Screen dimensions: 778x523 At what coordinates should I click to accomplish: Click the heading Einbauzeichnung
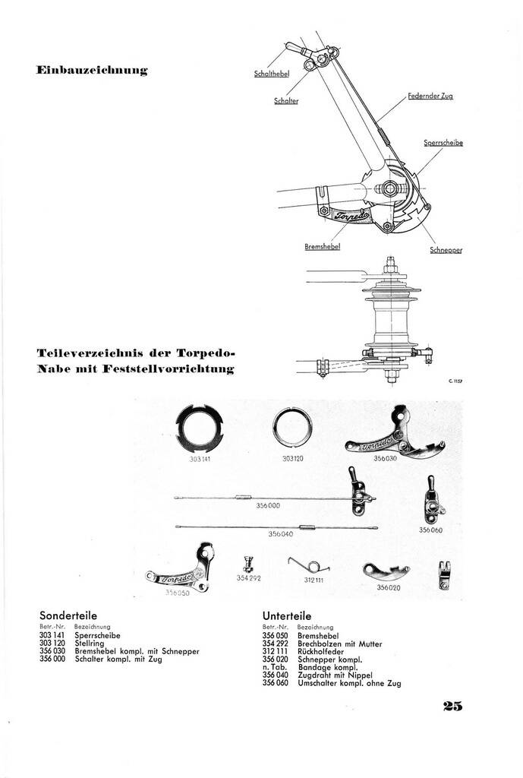pos(92,71)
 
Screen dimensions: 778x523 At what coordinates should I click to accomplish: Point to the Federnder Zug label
pos(430,97)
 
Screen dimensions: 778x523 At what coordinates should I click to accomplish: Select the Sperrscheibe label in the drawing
pos(443,143)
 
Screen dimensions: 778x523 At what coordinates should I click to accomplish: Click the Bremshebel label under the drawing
pos(321,247)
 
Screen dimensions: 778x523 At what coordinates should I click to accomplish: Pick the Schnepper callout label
pos(446,250)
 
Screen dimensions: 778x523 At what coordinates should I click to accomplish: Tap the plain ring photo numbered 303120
pos(293,429)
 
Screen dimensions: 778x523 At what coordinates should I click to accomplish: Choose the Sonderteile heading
pos(68,615)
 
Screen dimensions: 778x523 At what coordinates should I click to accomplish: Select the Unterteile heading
pos(287,615)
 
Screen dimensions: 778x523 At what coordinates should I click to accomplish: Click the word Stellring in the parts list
pos(90,644)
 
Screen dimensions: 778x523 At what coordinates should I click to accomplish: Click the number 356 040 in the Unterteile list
pos(276,675)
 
